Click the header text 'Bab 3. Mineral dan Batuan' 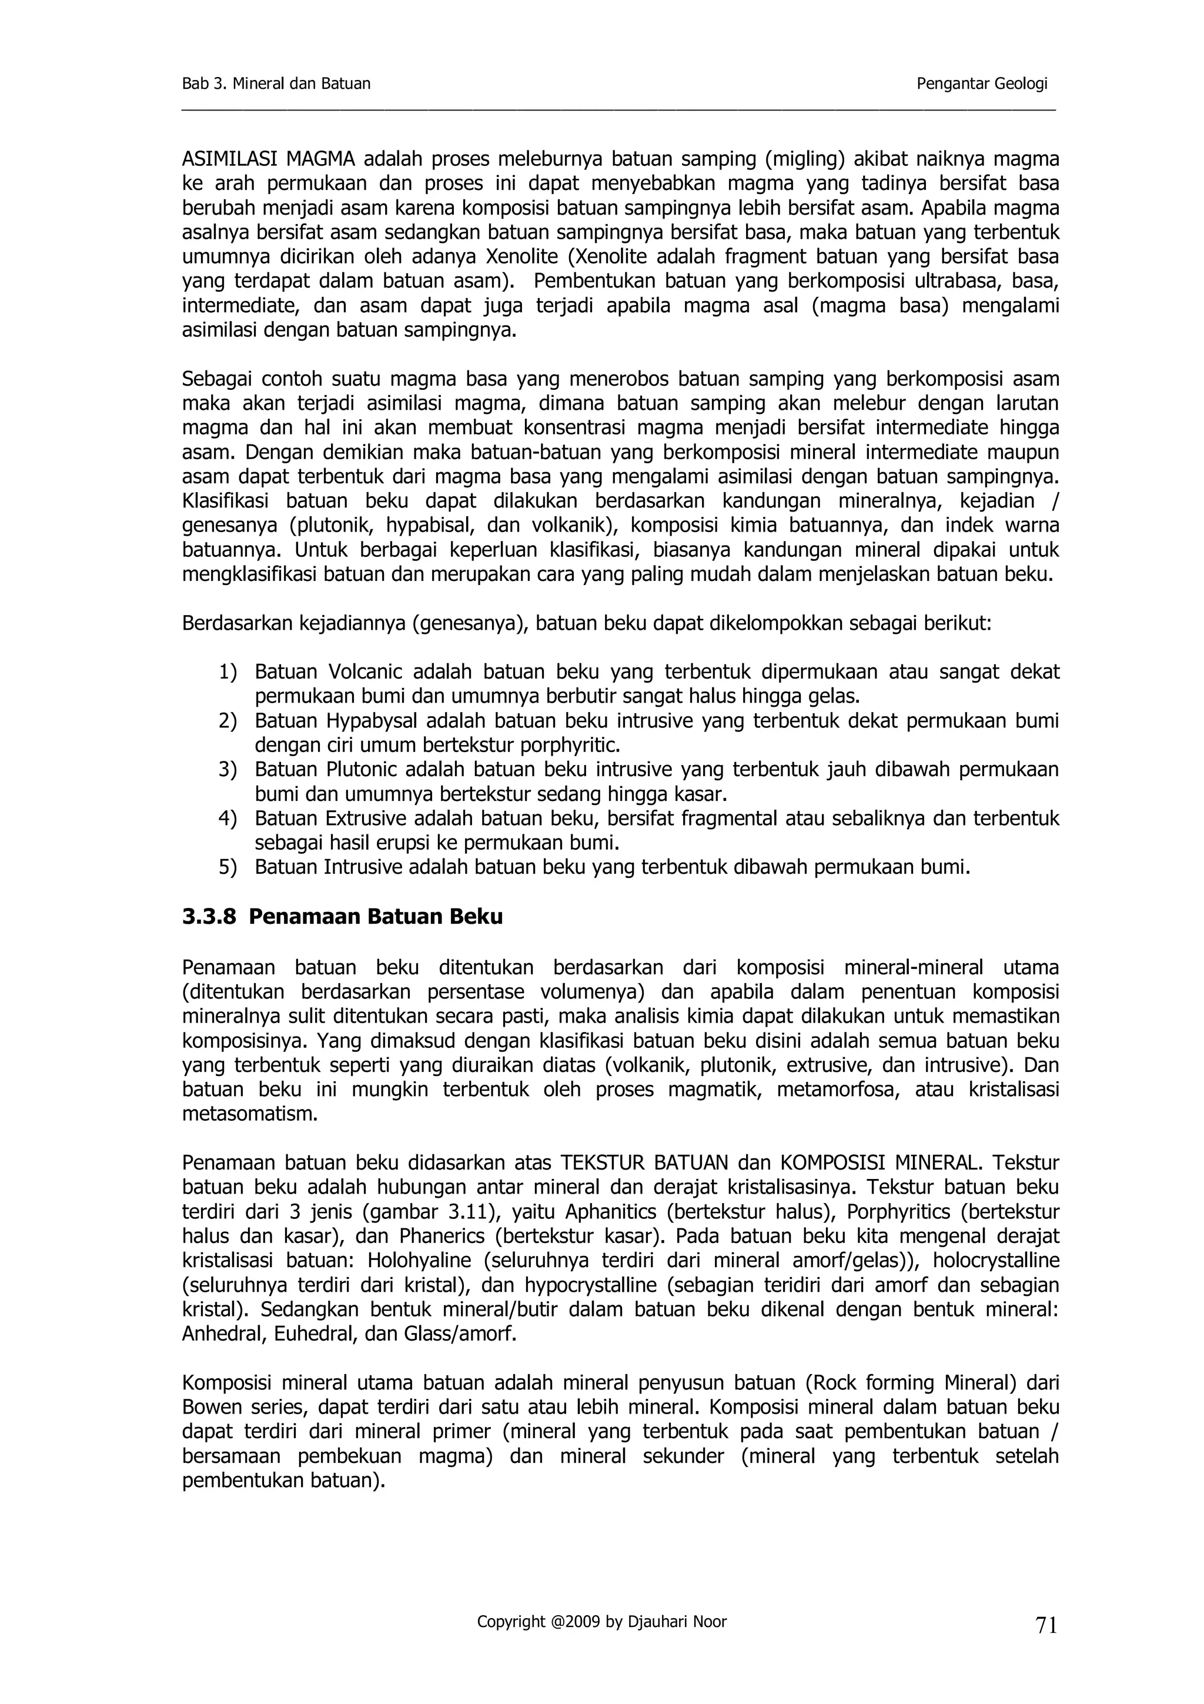276,84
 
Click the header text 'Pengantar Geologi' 981,84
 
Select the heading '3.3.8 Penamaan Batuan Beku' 342,917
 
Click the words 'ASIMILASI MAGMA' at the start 269,159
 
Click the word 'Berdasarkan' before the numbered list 236,623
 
